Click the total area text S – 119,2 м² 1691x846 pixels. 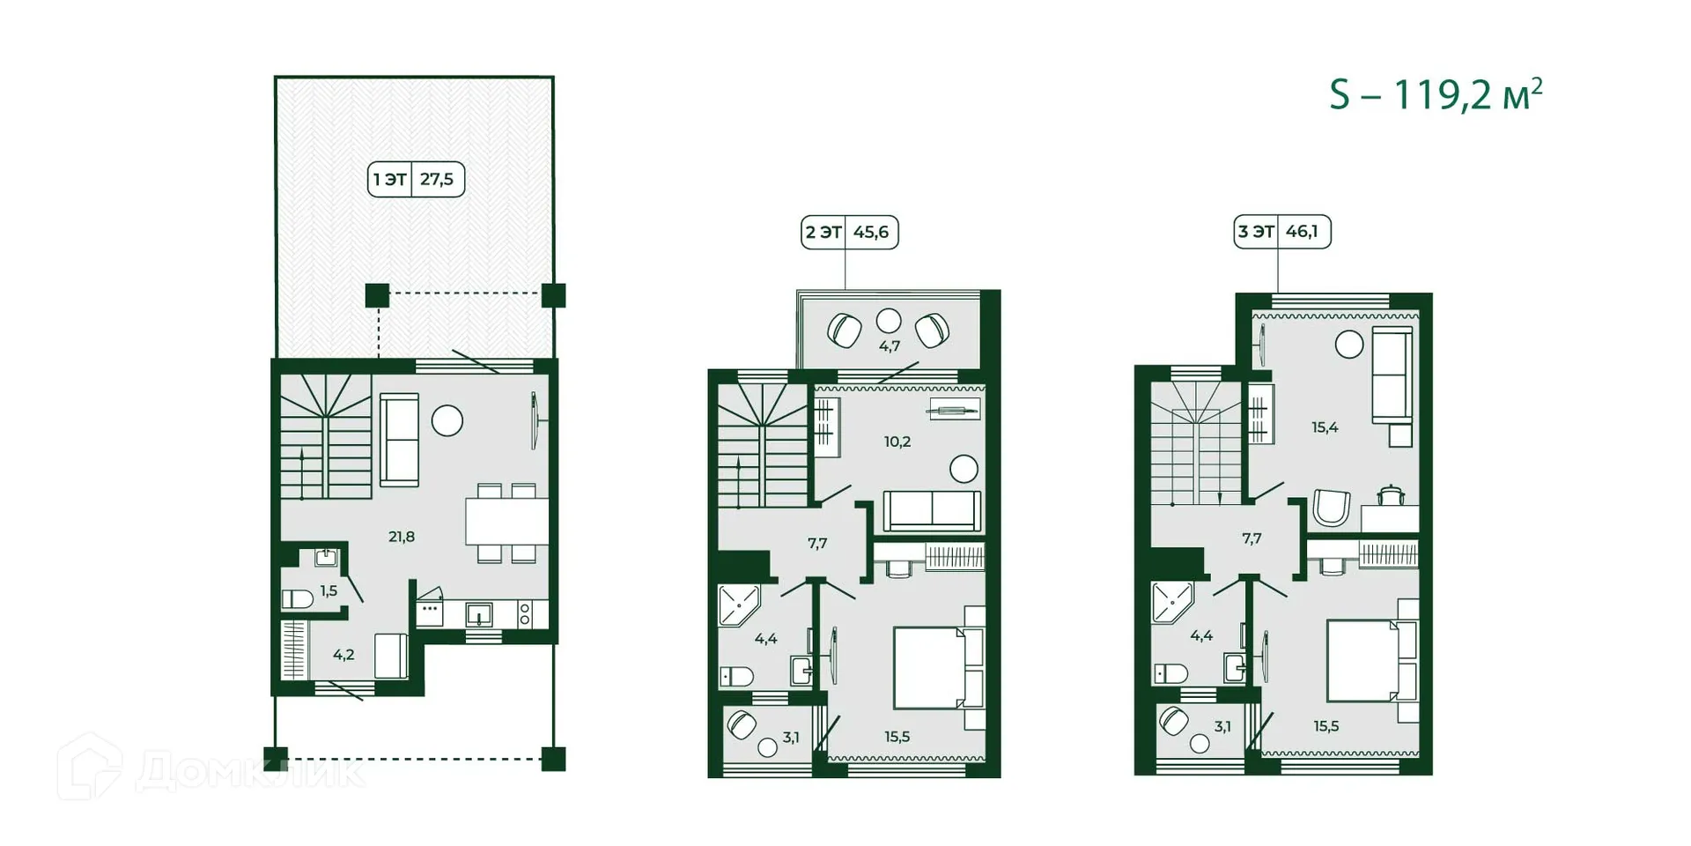[1435, 94]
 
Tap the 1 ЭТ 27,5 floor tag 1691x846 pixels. [416, 180]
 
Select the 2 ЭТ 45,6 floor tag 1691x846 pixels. [849, 233]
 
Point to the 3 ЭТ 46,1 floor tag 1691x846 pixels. [1281, 232]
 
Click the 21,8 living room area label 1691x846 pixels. [402, 537]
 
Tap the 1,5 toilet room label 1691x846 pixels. [329, 591]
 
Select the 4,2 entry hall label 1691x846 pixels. [343, 655]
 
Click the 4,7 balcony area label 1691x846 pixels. [890, 346]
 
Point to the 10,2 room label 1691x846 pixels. [897, 442]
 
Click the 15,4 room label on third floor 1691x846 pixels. [1325, 427]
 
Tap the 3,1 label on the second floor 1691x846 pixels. [791, 737]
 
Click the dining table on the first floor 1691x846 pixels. [506, 522]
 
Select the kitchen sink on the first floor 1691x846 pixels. [479, 613]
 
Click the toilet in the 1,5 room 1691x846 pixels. [298, 599]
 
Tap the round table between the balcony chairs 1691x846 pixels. [889, 320]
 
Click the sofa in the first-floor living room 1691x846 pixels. [399, 440]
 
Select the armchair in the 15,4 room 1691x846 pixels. [1331, 508]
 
